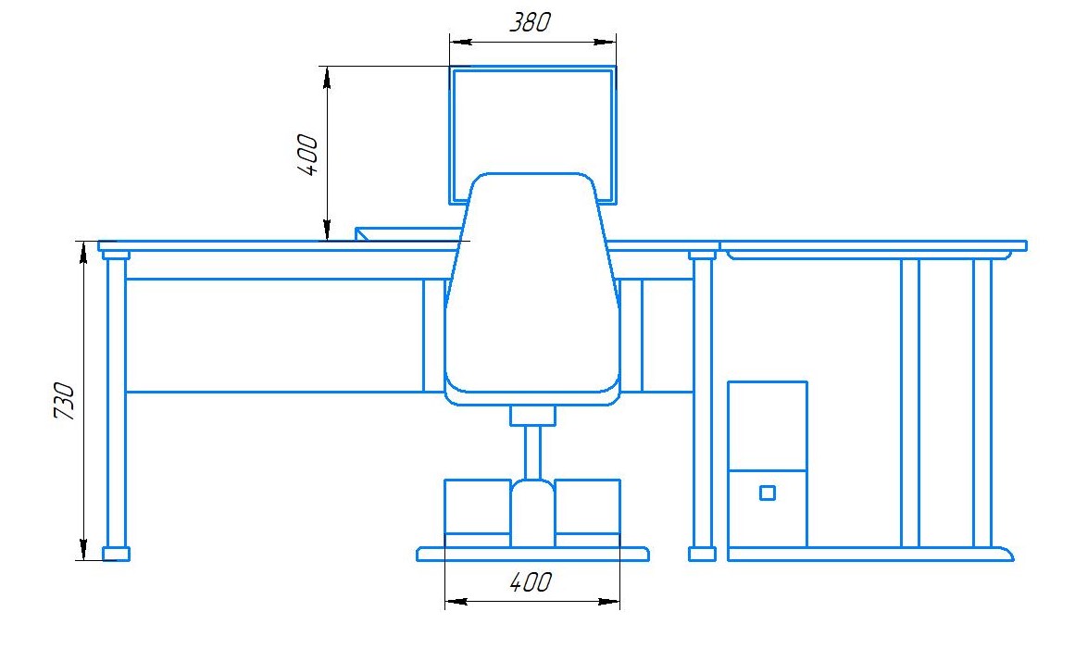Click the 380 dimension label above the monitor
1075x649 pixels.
pos(530,22)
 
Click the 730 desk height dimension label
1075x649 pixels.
pos(64,401)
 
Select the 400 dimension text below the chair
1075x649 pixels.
pos(531,581)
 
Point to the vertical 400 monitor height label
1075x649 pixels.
pos(308,155)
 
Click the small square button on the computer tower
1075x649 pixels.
pos(768,493)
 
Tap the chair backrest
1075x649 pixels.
pos(532,288)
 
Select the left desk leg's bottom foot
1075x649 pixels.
pos(116,554)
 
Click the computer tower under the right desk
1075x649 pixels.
pos(768,464)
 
